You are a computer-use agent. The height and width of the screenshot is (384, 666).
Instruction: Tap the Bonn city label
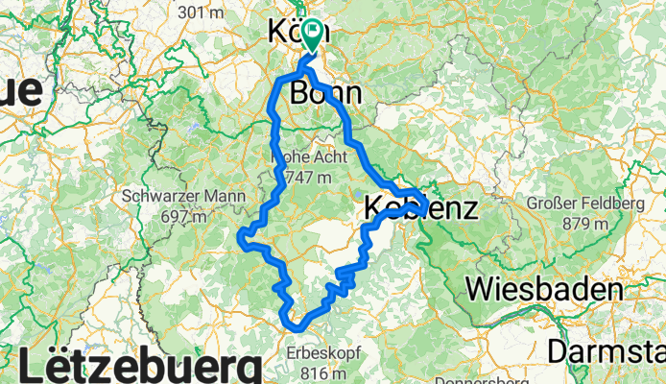(325, 93)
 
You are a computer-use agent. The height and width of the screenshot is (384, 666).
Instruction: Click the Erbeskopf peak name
(323, 353)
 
